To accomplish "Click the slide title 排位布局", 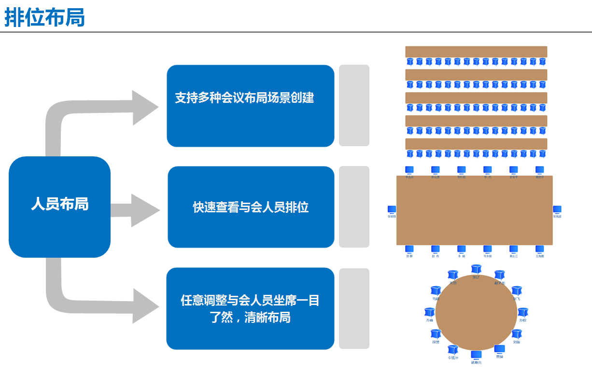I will click(44, 17).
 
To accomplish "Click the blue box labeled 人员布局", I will click(59, 204).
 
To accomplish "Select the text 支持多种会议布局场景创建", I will click(244, 98).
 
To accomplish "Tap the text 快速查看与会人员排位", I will click(251, 208).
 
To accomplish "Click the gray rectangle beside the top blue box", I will click(354, 105).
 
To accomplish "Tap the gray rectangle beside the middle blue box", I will click(354, 207).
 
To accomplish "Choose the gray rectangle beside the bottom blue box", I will click(354, 308).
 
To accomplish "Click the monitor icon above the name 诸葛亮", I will click(476, 355).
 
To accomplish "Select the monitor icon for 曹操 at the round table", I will click(499, 349).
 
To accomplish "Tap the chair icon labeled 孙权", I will click(522, 312).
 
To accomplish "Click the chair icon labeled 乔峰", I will click(429, 312).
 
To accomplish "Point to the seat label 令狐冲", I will click(452, 358).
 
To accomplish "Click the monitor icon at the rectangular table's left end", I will click(392, 210).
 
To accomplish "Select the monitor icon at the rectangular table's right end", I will click(557, 210).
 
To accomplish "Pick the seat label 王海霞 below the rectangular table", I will click(539, 256).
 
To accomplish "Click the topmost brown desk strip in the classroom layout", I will click(476, 52).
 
